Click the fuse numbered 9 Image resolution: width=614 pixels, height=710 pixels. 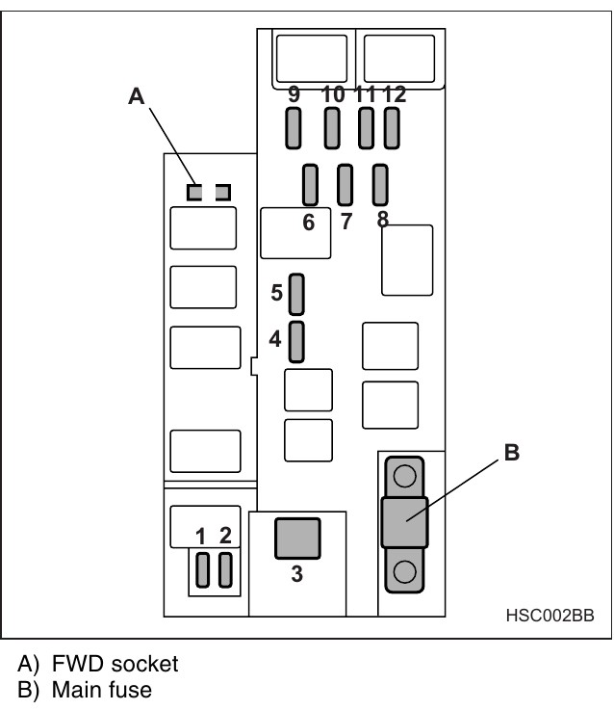point(294,128)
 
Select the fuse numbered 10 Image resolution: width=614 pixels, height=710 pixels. point(332,128)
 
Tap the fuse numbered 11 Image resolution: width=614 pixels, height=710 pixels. point(366,128)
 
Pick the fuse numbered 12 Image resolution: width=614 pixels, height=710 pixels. point(391,128)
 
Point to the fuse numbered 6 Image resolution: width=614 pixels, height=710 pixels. point(310,185)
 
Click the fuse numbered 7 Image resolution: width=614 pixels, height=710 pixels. point(345,185)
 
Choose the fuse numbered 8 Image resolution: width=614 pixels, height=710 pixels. point(379,185)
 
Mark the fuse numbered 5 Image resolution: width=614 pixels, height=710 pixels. point(297,294)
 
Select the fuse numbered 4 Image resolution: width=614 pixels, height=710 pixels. point(297,341)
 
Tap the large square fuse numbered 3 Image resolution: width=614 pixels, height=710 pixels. point(296,539)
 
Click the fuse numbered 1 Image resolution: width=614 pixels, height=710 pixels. point(202,570)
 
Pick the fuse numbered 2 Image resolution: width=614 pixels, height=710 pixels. point(226,570)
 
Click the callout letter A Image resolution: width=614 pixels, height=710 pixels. point(137,94)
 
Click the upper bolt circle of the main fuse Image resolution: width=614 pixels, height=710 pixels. point(405,476)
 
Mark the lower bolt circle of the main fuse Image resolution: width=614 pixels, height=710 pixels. point(405,570)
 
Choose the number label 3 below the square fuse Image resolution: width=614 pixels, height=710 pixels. point(296,576)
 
